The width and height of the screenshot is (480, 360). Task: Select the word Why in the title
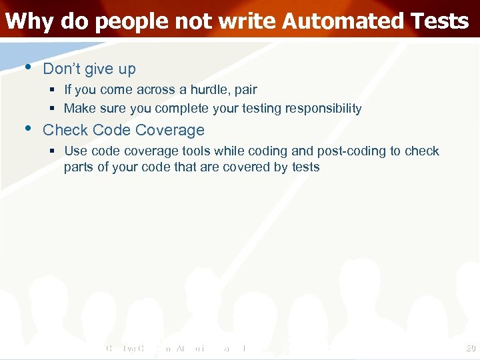click(x=29, y=21)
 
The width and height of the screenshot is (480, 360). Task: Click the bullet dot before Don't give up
click(x=27, y=67)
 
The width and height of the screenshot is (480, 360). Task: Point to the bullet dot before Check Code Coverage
click(x=27, y=128)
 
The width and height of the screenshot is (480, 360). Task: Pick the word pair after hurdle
click(x=245, y=90)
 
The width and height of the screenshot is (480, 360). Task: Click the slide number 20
click(x=471, y=348)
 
